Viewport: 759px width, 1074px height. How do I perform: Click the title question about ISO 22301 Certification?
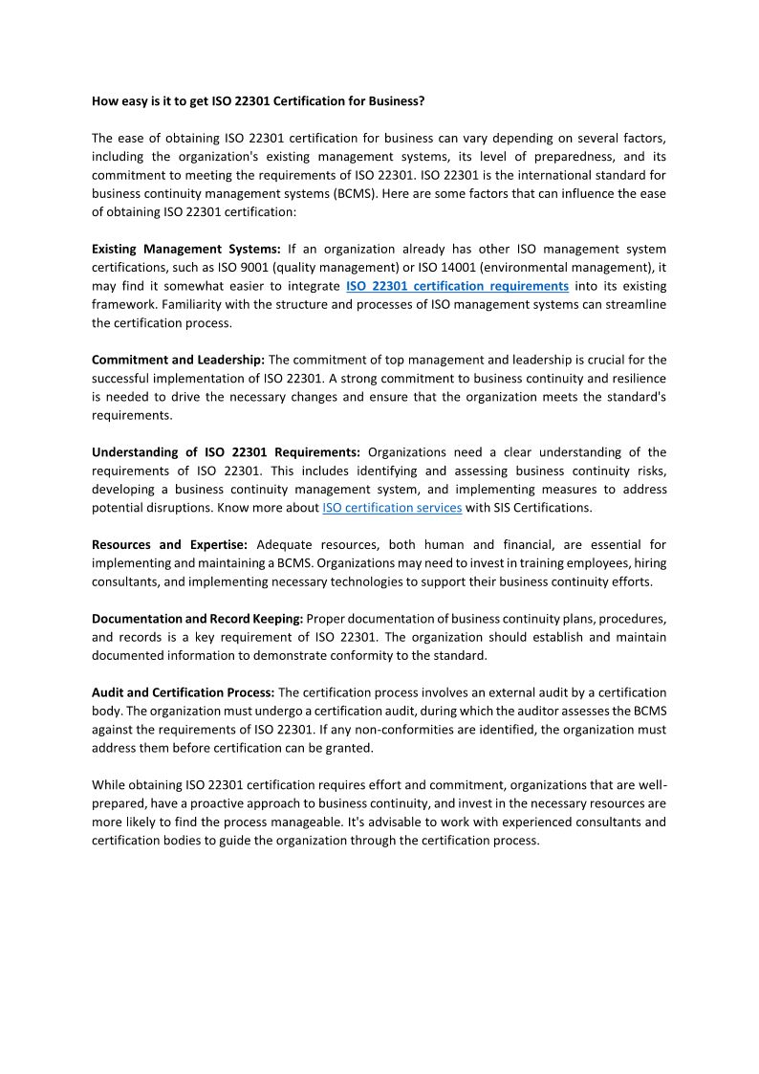click(x=258, y=99)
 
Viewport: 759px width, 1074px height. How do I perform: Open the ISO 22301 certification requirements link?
click(x=457, y=286)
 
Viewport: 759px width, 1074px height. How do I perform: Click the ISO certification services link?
click(x=392, y=508)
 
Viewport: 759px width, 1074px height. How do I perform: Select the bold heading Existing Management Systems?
click(x=186, y=249)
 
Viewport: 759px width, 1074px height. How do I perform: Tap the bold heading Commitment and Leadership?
click(x=179, y=360)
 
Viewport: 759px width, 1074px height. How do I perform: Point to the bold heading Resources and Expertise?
click(x=170, y=544)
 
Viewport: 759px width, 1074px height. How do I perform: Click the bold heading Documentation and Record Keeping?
click(x=198, y=618)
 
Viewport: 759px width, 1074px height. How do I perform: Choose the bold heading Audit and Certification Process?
click(x=184, y=692)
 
